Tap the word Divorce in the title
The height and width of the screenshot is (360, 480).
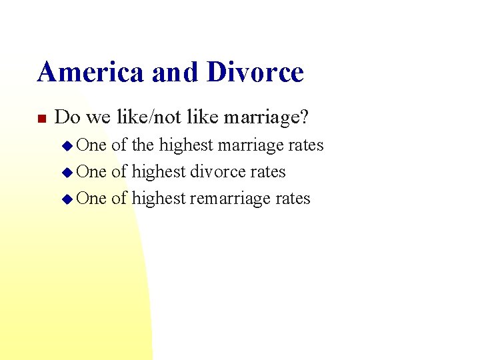[x=255, y=72]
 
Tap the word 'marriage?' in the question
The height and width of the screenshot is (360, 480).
[x=266, y=118]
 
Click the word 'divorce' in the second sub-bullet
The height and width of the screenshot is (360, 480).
[x=217, y=171]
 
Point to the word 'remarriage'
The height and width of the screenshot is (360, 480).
[x=231, y=198]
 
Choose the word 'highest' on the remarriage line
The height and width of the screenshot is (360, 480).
[x=159, y=198]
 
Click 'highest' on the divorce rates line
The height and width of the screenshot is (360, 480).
[x=159, y=171]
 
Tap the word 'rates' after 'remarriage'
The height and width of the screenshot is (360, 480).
[x=293, y=198]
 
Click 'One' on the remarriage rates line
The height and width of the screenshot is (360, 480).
[x=91, y=198]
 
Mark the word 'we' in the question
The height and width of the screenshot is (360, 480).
[x=98, y=118]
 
